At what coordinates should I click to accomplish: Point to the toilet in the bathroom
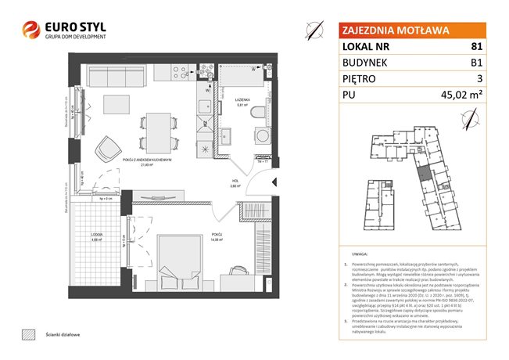(256, 114)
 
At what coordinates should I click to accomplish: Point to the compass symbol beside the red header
(314, 31)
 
